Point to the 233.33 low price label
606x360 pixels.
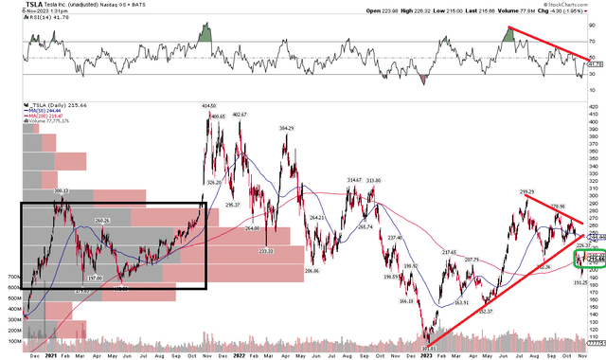[266, 251]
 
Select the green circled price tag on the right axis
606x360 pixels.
[591, 258]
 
